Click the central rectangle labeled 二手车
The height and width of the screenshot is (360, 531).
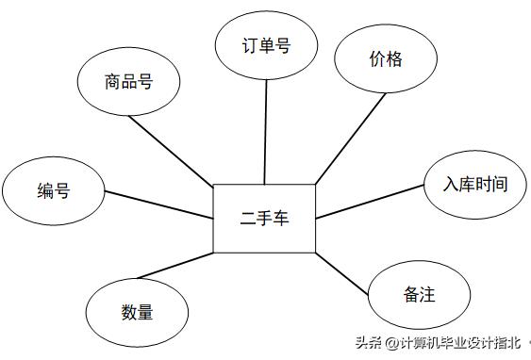click(264, 219)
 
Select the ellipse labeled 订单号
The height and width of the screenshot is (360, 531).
click(265, 45)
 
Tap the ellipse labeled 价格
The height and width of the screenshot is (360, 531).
click(385, 59)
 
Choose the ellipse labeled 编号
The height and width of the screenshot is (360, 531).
click(53, 191)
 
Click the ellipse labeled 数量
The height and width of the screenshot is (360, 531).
click(136, 312)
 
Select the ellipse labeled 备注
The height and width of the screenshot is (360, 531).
click(417, 295)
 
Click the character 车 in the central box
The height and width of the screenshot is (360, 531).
click(282, 219)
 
